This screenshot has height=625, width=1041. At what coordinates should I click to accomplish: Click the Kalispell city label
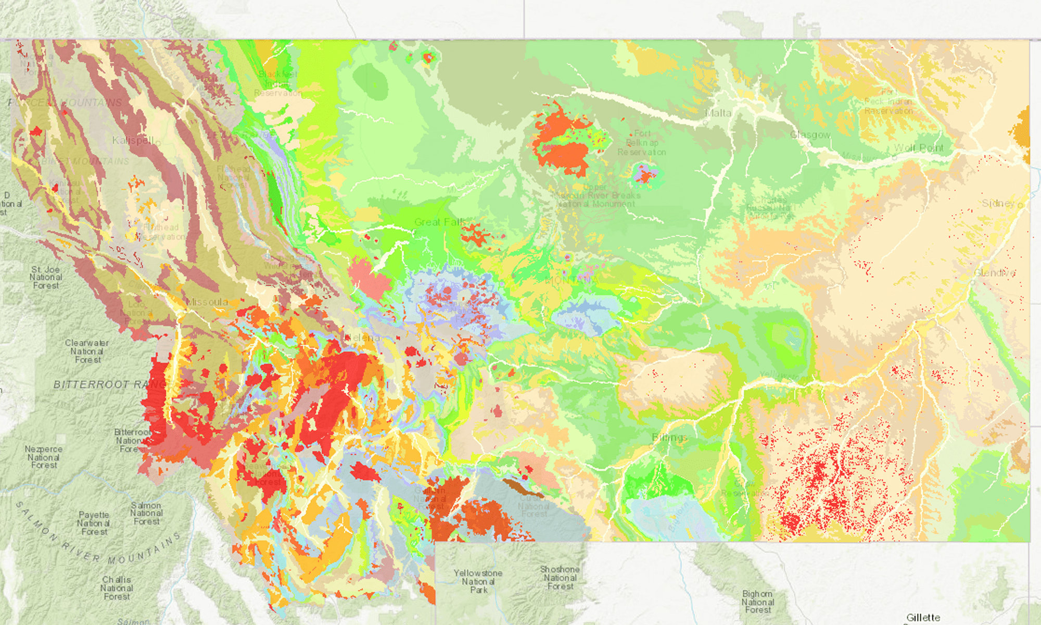pos(133,141)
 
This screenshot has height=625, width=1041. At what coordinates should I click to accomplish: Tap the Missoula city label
pos(207,302)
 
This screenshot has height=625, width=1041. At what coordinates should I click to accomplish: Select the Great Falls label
pos(440,222)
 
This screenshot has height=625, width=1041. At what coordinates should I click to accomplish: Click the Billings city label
pos(669,437)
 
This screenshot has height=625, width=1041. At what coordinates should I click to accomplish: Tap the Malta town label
pos(718,114)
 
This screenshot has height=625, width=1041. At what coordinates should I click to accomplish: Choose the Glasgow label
pos(810,135)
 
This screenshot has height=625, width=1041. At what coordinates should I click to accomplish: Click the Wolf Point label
pos(918,148)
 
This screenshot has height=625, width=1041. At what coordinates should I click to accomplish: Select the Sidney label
pos(998,203)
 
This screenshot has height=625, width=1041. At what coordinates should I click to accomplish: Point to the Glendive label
pos(994,273)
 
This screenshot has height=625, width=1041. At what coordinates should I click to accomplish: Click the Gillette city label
pos(923,617)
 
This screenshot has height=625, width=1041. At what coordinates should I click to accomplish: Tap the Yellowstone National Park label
pos(478,581)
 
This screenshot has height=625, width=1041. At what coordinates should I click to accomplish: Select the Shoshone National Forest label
pos(560,578)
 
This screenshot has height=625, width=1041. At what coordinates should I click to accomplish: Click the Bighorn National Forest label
pos(758,602)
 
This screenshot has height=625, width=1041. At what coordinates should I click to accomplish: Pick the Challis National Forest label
pos(117,588)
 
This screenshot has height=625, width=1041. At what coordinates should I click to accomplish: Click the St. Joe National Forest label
pos(46,277)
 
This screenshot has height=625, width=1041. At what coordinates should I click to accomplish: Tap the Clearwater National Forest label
pos(87,351)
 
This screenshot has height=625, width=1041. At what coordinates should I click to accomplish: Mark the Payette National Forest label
pos(94,523)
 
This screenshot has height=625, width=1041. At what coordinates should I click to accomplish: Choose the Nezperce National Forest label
pos(44,457)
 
